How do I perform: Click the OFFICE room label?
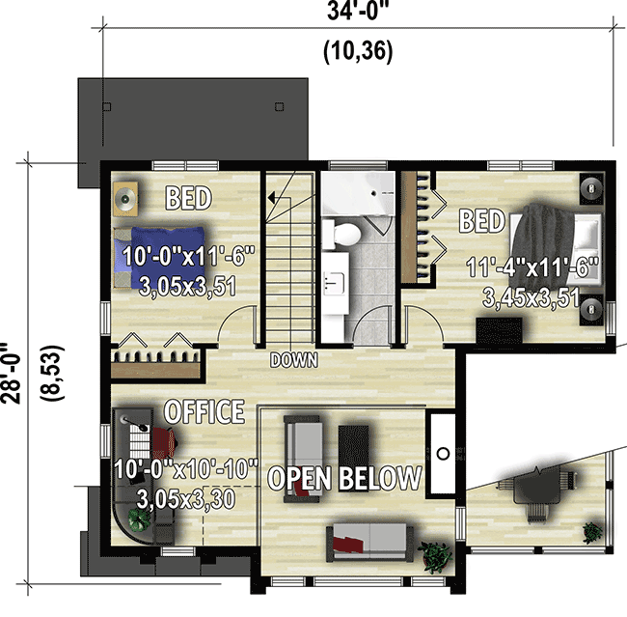204,412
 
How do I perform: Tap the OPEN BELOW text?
344,477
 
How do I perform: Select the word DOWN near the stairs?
294,360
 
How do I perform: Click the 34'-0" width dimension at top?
357,13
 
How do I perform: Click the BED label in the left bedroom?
188,199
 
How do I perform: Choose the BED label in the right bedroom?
481,221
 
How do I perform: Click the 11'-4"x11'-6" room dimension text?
532,266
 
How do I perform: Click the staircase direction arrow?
277,197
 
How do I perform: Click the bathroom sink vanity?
336,282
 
